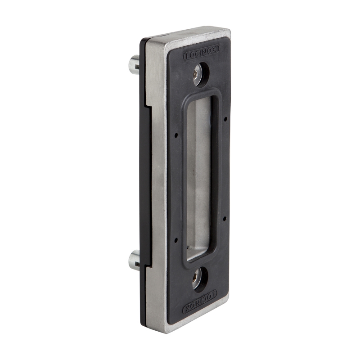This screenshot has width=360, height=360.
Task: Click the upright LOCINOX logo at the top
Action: click(201, 52)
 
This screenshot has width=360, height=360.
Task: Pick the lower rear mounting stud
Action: click(134, 260)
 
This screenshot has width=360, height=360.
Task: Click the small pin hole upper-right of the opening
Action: click(225, 119)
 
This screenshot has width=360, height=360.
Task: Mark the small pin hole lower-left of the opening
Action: click(176, 240)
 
